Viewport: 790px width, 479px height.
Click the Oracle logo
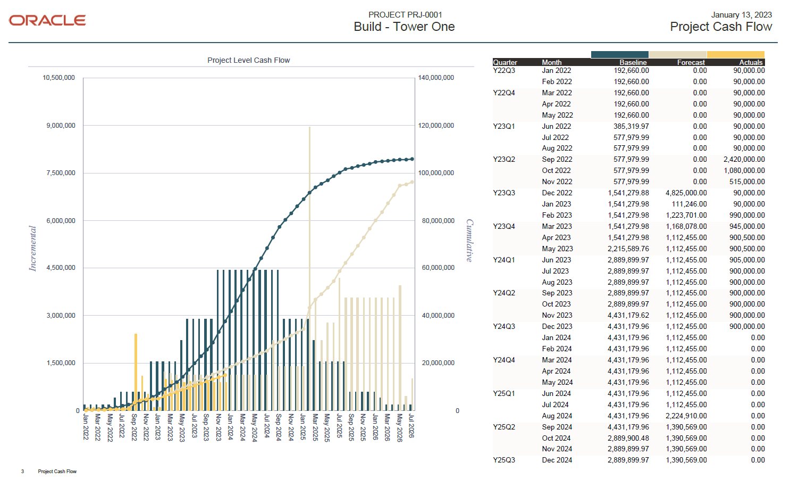point(47,20)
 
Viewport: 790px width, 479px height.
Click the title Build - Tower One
point(404,27)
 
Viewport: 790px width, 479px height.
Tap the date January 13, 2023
point(741,15)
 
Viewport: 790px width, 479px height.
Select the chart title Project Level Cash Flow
point(248,60)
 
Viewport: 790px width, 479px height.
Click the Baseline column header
point(633,62)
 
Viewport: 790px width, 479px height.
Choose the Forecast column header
point(691,62)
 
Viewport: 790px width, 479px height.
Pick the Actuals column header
point(751,62)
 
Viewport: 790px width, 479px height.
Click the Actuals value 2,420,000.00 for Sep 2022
point(744,159)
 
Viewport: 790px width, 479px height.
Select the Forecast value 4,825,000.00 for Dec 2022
point(686,193)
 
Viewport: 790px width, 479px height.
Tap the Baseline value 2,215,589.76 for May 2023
point(628,249)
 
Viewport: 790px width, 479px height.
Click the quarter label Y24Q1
point(503,260)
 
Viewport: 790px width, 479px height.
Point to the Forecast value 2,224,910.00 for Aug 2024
point(686,416)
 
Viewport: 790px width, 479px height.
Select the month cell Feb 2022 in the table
point(557,81)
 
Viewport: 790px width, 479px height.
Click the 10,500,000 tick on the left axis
point(58,78)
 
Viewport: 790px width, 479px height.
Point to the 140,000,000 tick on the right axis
point(436,78)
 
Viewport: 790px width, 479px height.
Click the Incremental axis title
point(33,249)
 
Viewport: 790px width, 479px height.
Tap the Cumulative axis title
point(469,241)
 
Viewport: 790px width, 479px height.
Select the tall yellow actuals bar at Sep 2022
point(136,373)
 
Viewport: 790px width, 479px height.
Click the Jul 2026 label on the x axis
point(411,427)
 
